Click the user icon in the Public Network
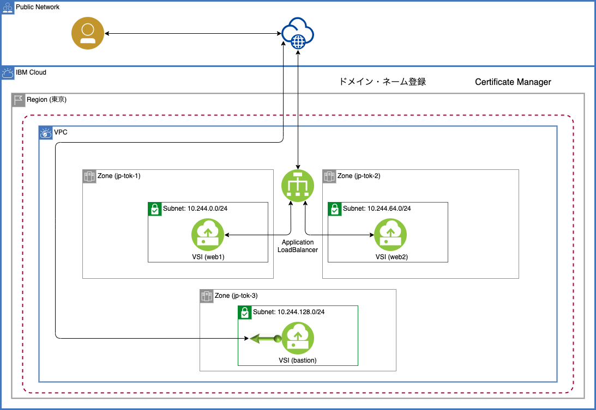coord(87,34)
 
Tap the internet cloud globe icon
coord(298,34)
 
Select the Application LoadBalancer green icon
coord(297,185)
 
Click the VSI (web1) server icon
coord(207,235)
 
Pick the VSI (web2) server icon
coord(390,235)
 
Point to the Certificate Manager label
coord(513,82)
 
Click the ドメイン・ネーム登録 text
coord(382,82)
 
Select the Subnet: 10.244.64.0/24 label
coord(377,209)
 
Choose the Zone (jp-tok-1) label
coord(118,176)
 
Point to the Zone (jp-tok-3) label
coord(236,296)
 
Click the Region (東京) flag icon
coord(19,100)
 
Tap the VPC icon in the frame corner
coord(46,132)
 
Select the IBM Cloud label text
coord(31,72)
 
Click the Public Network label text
coord(38,7)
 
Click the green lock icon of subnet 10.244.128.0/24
coord(244,312)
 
